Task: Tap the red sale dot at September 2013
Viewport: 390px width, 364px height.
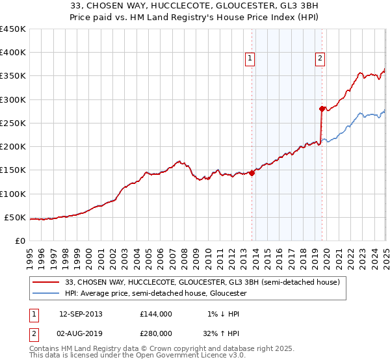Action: coord(252,173)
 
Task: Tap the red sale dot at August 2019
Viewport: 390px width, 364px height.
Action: coord(322,109)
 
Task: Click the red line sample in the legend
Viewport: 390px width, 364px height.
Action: coord(46,282)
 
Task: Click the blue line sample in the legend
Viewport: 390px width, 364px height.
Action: coord(46,294)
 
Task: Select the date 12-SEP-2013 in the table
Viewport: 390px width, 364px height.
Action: coord(81,313)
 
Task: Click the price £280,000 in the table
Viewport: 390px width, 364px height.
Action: coord(156,333)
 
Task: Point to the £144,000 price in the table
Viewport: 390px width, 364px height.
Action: coord(156,313)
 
